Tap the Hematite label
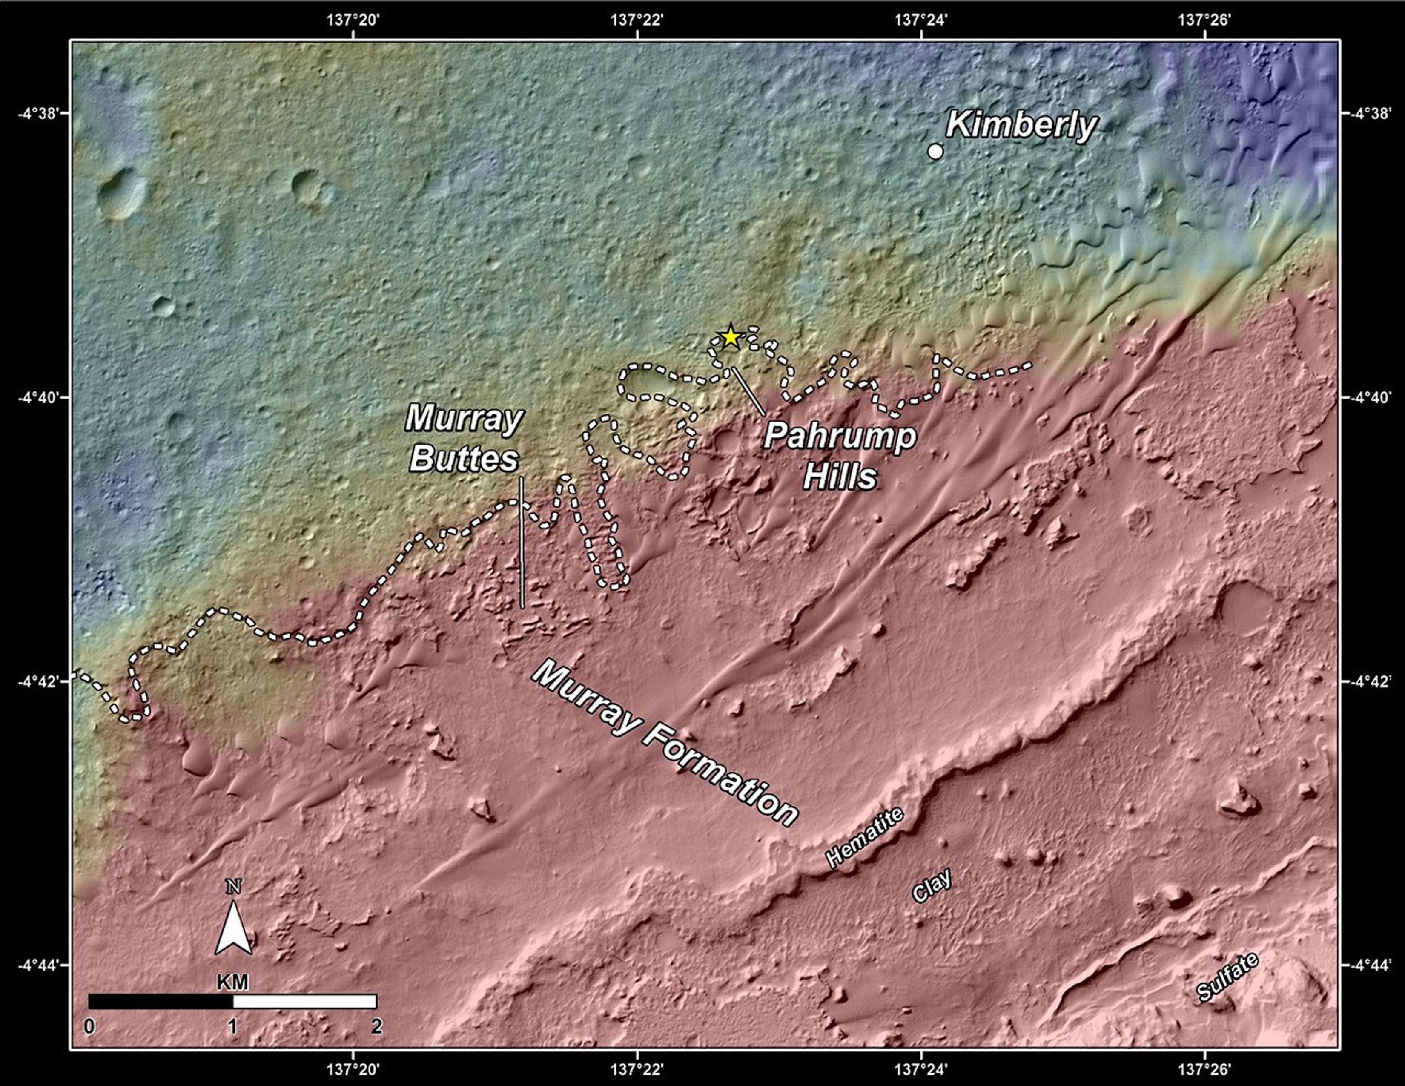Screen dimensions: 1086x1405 click(865, 837)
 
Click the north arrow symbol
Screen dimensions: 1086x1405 click(233, 924)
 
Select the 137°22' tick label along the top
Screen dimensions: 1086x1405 click(637, 19)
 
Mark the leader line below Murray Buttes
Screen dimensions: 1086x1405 click(521, 542)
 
